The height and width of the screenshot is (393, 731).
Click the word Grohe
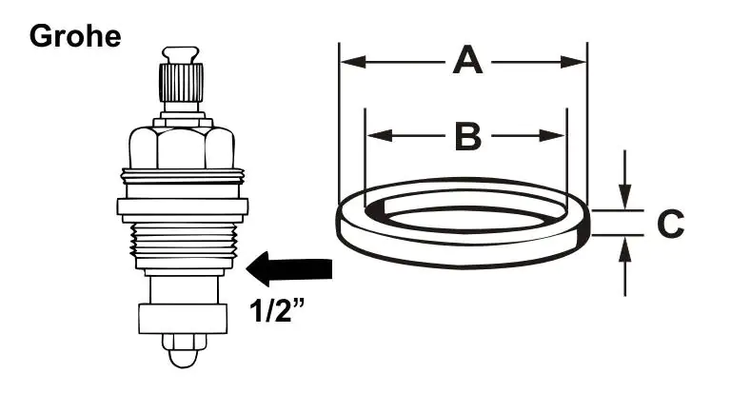pos(75,36)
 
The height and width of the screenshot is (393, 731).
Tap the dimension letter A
pos(465,62)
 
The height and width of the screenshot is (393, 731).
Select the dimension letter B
pos(467,137)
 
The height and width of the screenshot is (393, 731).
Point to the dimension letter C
pos(670,225)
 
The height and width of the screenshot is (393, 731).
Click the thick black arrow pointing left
pos(289,269)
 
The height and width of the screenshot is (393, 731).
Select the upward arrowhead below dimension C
pos(624,249)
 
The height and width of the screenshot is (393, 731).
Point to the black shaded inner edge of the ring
pos(377,211)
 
